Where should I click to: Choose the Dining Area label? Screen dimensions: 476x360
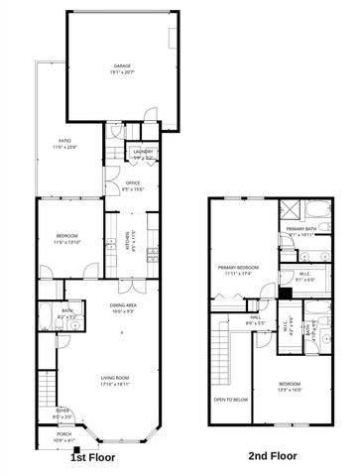pyautogui.click(x=124, y=308)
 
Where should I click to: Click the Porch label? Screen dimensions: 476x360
pyautogui.click(x=63, y=436)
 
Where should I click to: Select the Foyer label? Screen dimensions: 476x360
pyautogui.click(x=61, y=415)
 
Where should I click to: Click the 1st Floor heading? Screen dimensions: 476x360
pyautogui.click(x=92, y=458)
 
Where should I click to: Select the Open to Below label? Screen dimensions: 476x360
pyautogui.click(x=230, y=400)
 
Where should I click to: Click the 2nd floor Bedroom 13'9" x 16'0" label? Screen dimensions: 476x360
pyautogui.click(x=289, y=386)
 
